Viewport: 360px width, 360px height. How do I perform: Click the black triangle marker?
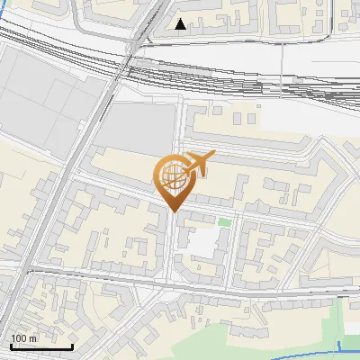click(181, 24)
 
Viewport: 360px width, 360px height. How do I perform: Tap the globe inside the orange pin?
click(172, 176)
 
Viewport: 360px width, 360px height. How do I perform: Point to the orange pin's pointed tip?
click(172, 211)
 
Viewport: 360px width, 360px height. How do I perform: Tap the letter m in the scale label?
click(33, 337)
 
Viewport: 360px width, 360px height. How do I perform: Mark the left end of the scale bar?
click(10, 346)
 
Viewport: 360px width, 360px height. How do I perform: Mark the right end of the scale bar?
click(72, 346)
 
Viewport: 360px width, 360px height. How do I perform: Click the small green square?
click(224, 221)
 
